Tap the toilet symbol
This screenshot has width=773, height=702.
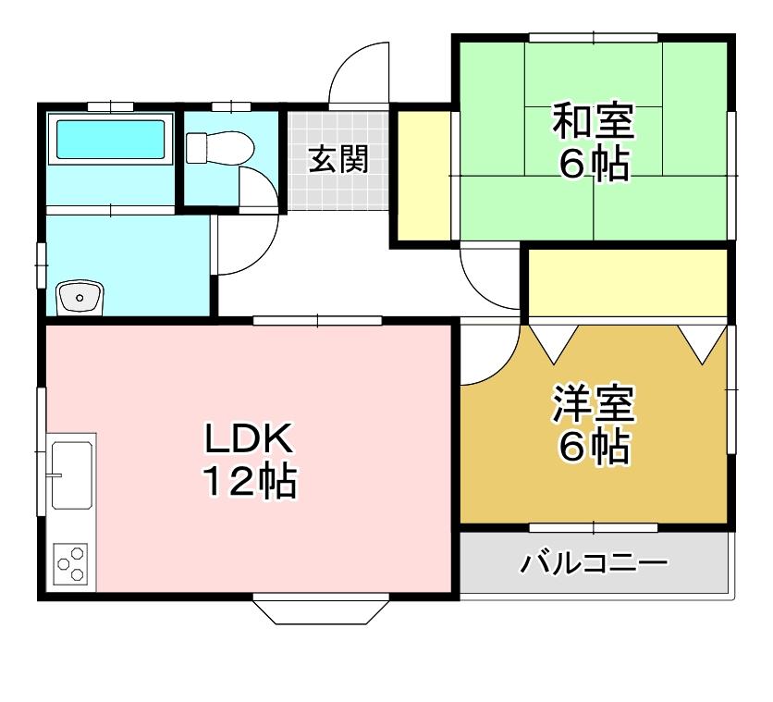tap(220, 148)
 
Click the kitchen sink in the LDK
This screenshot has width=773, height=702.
tap(71, 474)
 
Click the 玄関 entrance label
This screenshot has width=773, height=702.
tap(338, 159)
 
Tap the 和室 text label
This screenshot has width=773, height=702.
tap(593, 121)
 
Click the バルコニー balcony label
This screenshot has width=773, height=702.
tap(593, 562)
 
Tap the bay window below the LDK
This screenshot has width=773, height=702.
tap(319, 610)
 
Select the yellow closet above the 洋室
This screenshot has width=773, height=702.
tap(627, 283)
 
